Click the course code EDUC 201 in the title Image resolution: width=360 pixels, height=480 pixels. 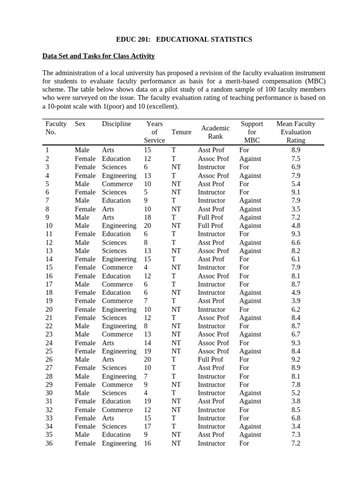click(133, 39)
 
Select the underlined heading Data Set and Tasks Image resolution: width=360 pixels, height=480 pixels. click(98, 56)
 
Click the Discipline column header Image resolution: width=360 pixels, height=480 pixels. click(116, 124)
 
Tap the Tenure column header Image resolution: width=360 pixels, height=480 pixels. click(181, 132)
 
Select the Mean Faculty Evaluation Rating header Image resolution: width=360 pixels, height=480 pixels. click(296, 132)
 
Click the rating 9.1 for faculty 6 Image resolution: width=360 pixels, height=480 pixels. click(296, 192)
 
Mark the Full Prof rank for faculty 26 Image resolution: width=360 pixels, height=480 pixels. click(210, 360)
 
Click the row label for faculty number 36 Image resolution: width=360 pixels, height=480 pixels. click(49, 443)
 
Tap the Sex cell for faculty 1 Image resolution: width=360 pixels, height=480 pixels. click(82, 150)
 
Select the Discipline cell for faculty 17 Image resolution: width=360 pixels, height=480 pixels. click(117, 284)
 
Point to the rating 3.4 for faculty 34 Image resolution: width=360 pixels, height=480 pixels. click(296, 426)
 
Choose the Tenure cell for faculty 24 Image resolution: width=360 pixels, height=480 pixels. click(176, 343)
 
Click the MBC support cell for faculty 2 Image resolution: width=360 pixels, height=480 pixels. click(250, 158)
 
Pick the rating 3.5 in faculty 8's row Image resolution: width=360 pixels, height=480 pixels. click(296, 209)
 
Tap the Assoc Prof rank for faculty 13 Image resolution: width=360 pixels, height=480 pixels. click(213, 251)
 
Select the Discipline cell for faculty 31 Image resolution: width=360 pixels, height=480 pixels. click(116, 401)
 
